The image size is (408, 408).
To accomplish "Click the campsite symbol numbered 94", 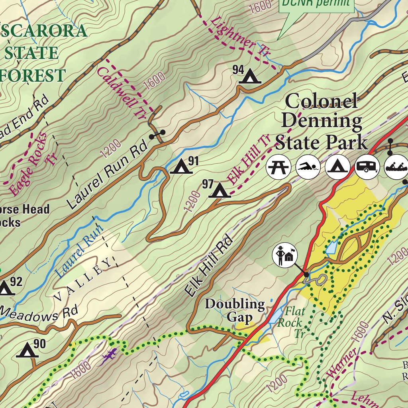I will click(250, 76).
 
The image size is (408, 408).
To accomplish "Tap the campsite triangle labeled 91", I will click(181, 167).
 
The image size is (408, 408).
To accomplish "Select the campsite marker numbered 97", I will click(219, 190).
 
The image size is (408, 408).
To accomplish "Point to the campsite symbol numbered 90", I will click(27, 351).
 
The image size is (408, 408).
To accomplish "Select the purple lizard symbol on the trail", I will click(108, 355).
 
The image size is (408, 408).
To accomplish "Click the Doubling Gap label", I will click(235, 311).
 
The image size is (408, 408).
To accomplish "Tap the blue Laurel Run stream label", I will click(78, 251).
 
